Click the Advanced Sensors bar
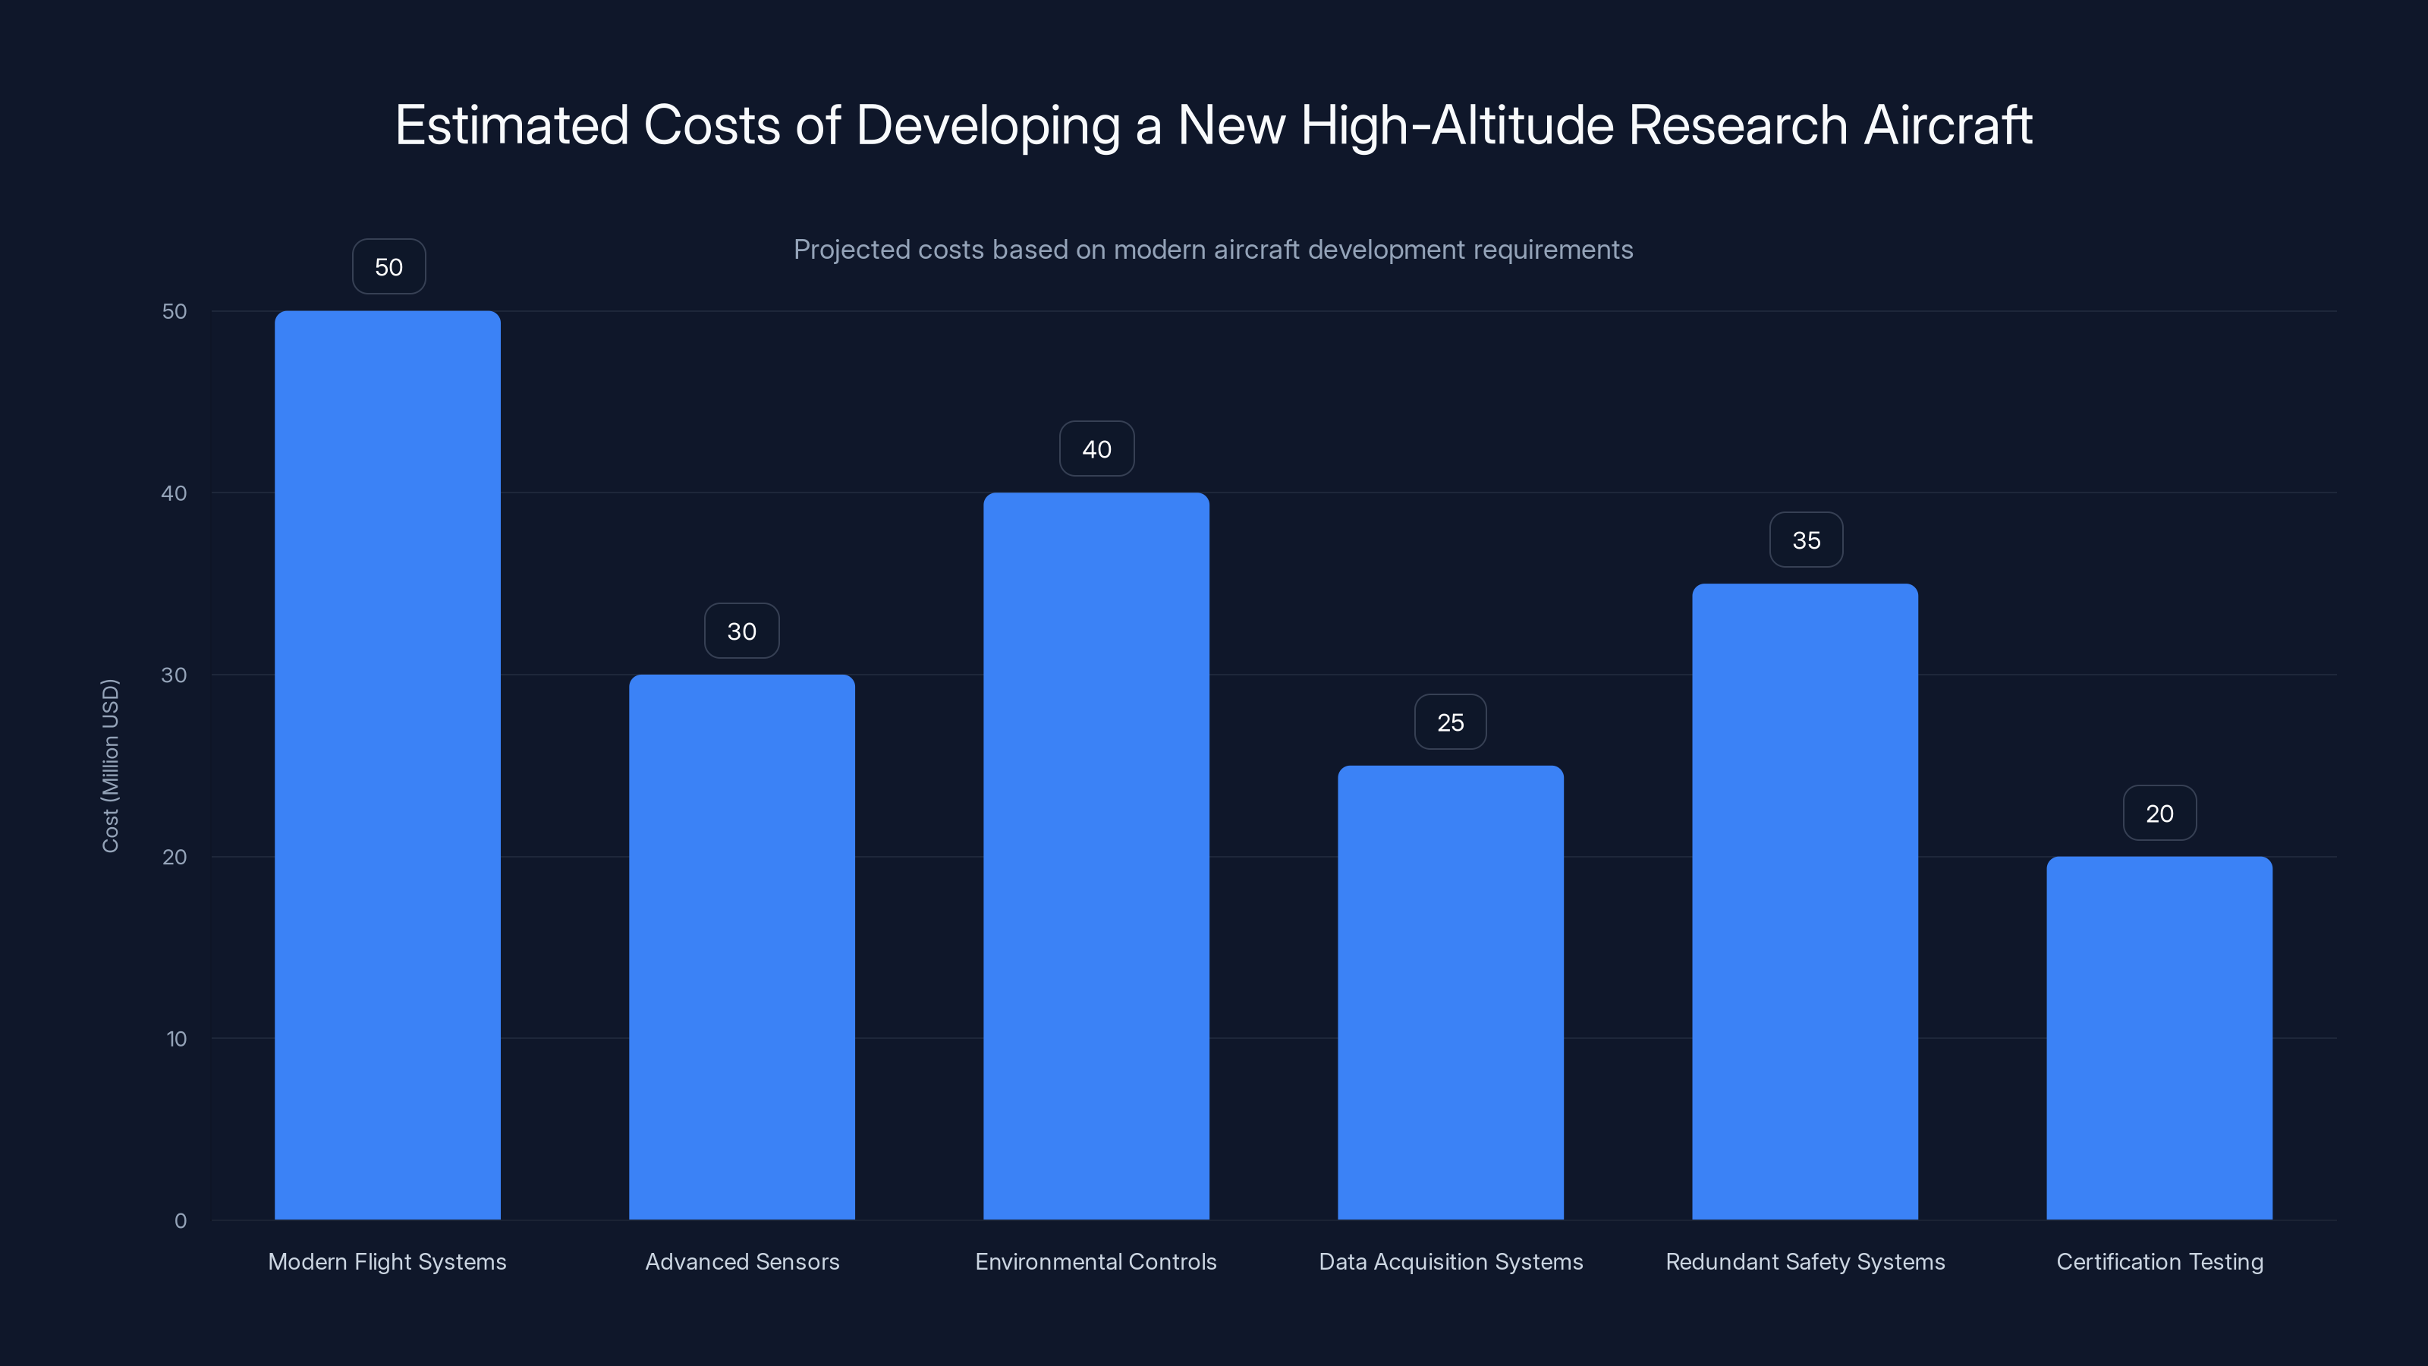742,946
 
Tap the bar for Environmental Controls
1096,856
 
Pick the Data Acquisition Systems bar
1451,992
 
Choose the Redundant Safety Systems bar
1805,902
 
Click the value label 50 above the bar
388,267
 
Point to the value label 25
1451,722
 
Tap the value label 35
1806,540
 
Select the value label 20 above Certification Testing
2159,814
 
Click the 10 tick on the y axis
176,1039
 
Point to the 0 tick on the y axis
180,1221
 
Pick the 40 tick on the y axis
175,493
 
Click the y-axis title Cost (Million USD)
110,766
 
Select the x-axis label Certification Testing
2159,1261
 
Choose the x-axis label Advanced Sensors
742,1261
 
